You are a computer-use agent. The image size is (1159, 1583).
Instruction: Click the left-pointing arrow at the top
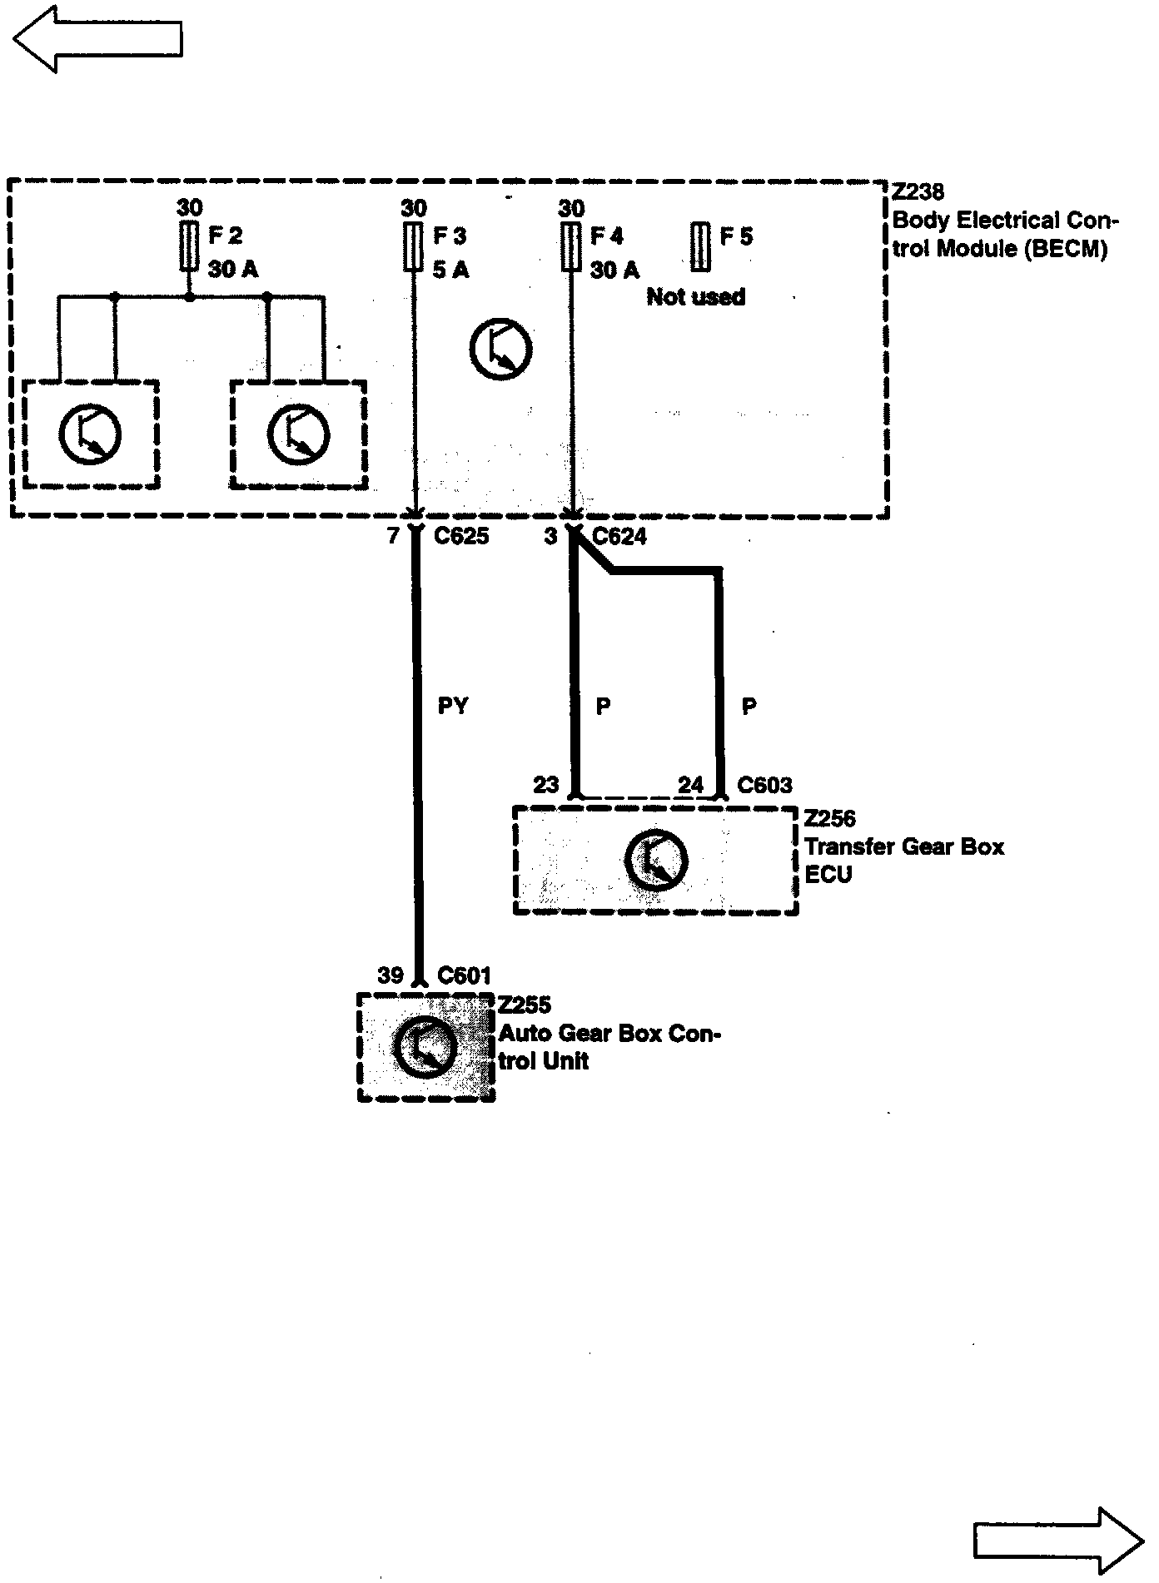click(x=97, y=38)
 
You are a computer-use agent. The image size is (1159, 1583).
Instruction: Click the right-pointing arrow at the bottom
click(x=1058, y=1541)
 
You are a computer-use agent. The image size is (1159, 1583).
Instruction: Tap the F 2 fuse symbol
click(x=189, y=246)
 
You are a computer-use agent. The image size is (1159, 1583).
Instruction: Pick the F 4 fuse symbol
click(x=571, y=246)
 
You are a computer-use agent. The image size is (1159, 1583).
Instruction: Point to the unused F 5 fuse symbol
click(x=701, y=246)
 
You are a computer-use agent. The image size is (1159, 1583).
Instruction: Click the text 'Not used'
click(x=696, y=297)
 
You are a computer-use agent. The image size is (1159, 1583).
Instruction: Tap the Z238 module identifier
click(x=918, y=192)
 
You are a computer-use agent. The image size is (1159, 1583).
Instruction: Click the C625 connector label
click(x=462, y=537)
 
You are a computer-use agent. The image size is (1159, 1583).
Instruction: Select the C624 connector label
click(x=619, y=537)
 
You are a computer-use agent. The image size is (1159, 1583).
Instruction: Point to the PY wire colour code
click(x=453, y=707)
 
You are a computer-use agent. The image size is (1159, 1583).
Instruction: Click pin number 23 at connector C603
click(x=545, y=785)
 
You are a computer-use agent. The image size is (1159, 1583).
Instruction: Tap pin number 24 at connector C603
click(x=690, y=785)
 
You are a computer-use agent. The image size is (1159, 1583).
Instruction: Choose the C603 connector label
click(x=765, y=785)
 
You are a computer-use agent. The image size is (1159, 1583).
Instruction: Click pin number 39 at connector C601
click(x=390, y=975)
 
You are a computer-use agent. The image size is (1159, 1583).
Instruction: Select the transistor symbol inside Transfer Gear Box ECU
click(x=656, y=860)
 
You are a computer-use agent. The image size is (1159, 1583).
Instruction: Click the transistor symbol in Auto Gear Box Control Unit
click(x=425, y=1047)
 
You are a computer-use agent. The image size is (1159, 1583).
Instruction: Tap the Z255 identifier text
click(x=525, y=1005)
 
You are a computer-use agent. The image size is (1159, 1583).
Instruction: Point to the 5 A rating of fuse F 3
click(x=450, y=270)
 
